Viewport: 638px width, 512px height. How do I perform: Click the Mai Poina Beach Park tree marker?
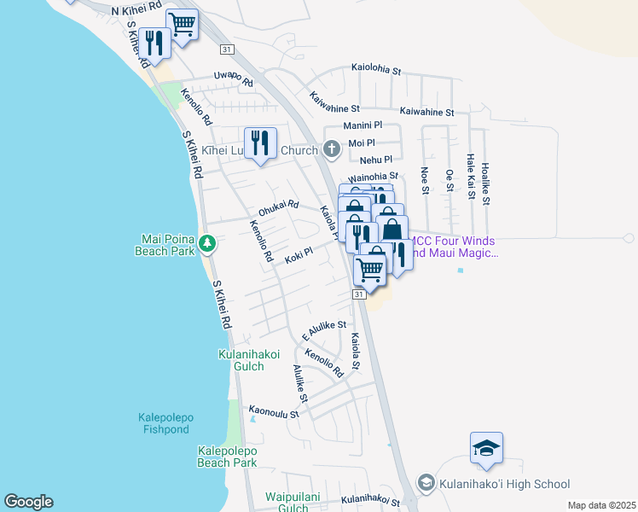[206, 245]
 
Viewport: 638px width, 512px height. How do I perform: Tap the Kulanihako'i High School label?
[504, 484]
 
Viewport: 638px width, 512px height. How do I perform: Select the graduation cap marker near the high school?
[486, 448]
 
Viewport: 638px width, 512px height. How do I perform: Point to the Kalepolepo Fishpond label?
[171, 423]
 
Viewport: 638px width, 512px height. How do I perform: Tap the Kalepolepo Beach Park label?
[227, 456]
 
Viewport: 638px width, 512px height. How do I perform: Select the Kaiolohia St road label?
[376, 71]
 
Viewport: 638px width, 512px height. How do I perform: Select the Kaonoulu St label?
[274, 412]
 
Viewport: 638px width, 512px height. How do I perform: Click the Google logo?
[28, 502]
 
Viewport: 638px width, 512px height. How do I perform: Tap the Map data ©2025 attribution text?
[600, 505]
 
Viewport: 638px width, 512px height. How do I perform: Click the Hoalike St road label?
[485, 184]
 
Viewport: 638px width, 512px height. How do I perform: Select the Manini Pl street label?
[362, 125]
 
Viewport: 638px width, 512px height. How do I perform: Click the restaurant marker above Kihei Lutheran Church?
[258, 143]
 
